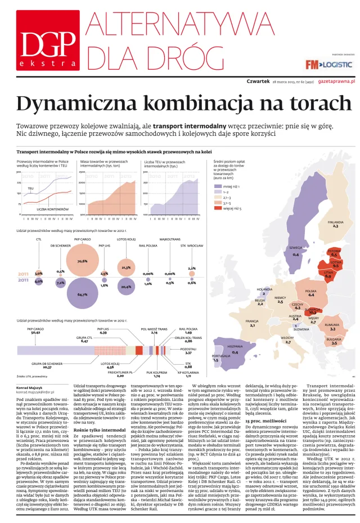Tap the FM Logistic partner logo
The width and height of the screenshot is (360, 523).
330,65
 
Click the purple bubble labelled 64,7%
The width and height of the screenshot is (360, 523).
82,294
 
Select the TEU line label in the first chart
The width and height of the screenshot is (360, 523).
30,188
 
